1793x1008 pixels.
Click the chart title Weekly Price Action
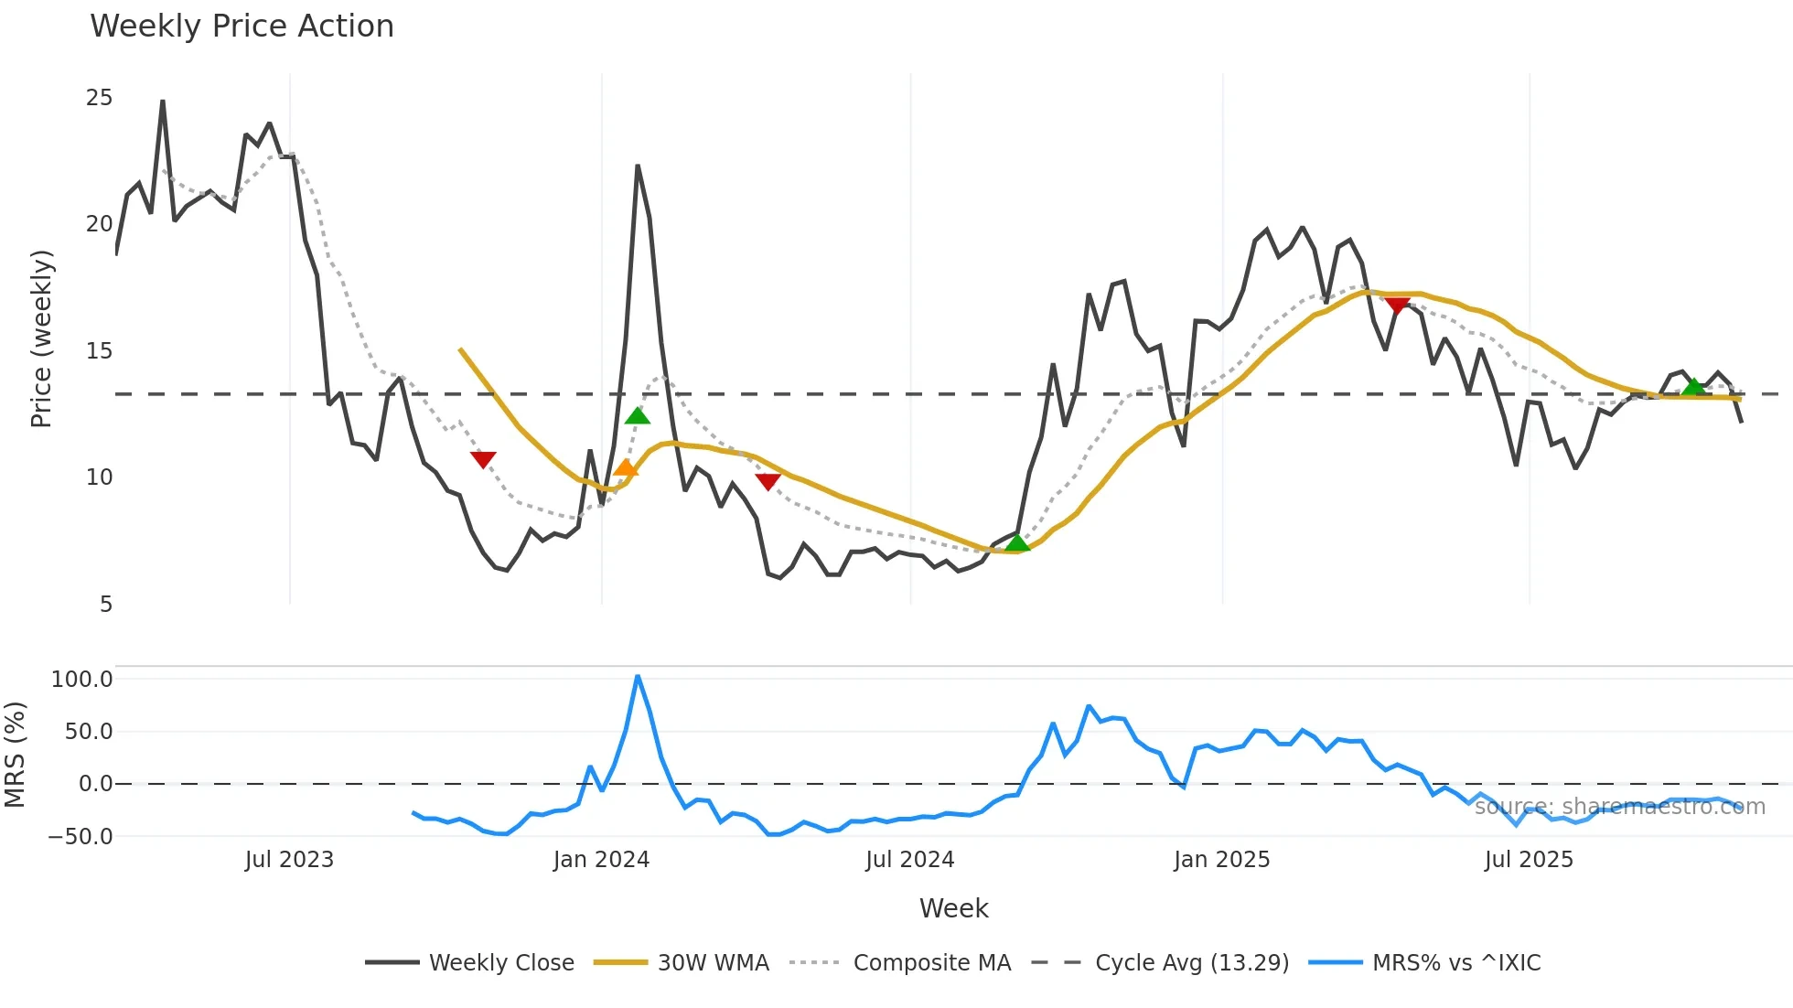click(242, 27)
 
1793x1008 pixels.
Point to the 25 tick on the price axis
click(99, 98)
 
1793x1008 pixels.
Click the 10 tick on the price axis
click(99, 477)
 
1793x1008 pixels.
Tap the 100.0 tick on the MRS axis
click(82, 679)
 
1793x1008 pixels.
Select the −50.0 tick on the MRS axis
click(81, 836)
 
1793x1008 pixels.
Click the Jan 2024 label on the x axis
click(601, 860)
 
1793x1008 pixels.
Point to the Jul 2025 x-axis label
click(1529, 860)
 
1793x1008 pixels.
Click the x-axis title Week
click(953, 908)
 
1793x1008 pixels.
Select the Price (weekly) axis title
click(41, 338)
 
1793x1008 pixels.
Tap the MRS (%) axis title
click(15, 755)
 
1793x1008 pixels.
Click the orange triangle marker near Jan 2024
click(625, 468)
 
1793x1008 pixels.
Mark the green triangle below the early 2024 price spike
click(638, 416)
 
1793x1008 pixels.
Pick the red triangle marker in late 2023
click(483, 459)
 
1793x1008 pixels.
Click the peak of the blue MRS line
click(638, 676)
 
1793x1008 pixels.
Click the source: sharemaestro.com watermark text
click(1619, 807)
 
